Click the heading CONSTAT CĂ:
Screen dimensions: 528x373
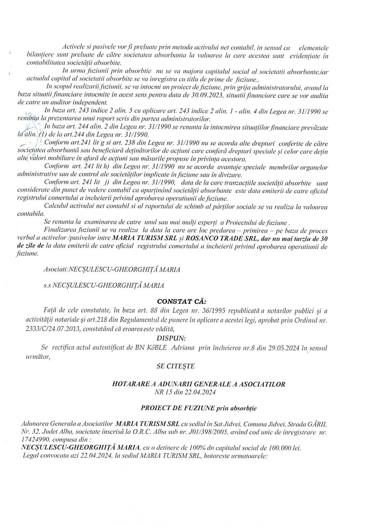(x=182, y=301)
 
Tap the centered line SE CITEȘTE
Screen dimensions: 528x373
(x=176, y=366)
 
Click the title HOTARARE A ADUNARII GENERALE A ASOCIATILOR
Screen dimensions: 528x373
(x=199, y=384)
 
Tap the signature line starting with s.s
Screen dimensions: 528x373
(x=104, y=285)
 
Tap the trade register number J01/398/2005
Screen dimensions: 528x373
(x=205, y=432)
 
